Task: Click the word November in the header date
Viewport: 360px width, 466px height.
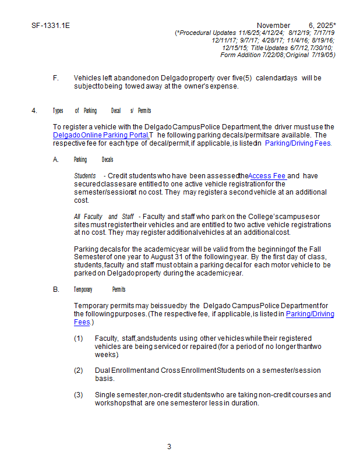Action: pyautogui.click(x=273, y=26)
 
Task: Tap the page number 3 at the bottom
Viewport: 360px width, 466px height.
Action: pyautogui.click(x=169, y=447)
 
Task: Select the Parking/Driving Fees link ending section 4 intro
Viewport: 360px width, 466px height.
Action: pyautogui.click(x=298, y=143)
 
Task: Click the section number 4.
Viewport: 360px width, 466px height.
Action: pyautogui.click(x=34, y=111)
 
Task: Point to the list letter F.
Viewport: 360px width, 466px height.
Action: pyautogui.click(x=55, y=78)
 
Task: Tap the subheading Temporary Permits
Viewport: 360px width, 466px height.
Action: pyautogui.click(x=99, y=290)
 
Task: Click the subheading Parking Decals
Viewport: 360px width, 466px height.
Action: pyautogui.click(x=93, y=160)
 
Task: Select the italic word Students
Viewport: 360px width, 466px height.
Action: pyautogui.click(x=85, y=176)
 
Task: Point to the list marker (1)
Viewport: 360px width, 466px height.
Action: pyautogui.click(x=79, y=338)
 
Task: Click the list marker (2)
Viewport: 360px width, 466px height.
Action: pyautogui.click(x=79, y=370)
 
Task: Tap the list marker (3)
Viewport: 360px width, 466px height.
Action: pyautogui.click(x=79, y=395)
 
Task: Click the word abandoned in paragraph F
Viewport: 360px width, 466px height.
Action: pyautogui.click(x=132, y=78)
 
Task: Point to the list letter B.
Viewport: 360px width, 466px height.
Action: pyautogui.click(x=56, y=290)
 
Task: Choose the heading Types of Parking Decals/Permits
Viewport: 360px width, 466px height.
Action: pyautogui.click(x=101, y=111)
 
